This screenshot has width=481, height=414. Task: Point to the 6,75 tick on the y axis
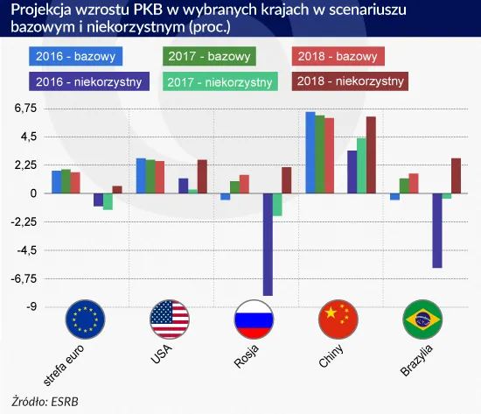pos(24,109)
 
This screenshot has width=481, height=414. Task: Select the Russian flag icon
pos(255,319)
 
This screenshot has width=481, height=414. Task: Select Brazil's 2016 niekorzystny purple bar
pos(437,230)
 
